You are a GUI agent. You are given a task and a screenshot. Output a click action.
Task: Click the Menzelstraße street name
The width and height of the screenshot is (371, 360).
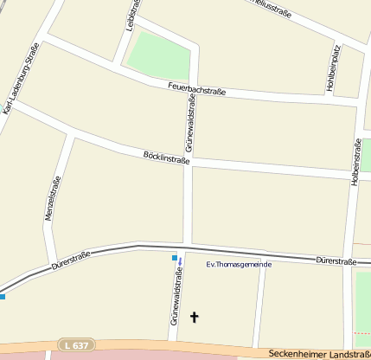point(54,198)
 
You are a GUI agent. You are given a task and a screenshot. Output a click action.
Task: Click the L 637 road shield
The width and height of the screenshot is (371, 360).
point(74,345)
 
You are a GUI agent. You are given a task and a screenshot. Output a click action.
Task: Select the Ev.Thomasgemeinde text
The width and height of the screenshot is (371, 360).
point(240,264)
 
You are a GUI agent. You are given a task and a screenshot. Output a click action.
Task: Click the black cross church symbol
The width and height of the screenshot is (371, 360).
point(194,318)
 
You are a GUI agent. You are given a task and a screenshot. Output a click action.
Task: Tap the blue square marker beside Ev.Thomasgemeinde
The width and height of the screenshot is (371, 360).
point(175,258)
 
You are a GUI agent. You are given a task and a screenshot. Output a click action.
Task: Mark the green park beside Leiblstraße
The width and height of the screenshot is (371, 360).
point(159,55)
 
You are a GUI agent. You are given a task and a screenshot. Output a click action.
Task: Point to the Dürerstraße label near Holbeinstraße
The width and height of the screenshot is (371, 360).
point(336,260)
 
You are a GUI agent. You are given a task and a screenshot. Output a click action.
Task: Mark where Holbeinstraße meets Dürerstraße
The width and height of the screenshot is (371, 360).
point(348,260)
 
